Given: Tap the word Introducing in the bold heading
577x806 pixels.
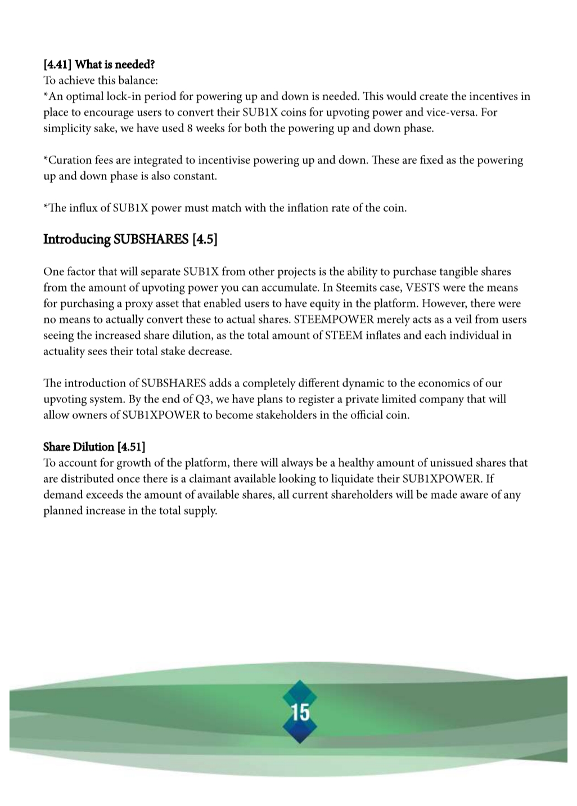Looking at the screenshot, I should pos(77,239).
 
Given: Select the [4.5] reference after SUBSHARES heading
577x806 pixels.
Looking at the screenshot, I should pos(205,239).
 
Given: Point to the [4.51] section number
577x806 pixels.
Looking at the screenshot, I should pos(131,447).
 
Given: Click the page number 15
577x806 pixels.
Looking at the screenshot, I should pos(300,712).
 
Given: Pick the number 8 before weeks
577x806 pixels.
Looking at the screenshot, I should pos(190,128).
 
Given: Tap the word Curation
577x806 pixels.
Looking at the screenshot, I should pos(68,160).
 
